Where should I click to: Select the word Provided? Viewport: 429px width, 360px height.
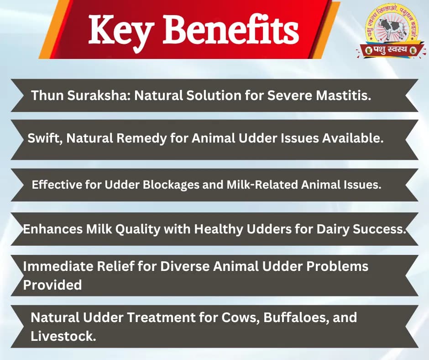[52, 285]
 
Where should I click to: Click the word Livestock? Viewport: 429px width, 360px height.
[63, 336]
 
